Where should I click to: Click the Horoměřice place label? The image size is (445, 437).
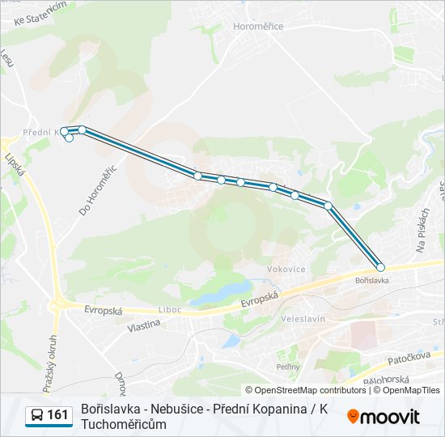pyautogui.click(x=258, y=27)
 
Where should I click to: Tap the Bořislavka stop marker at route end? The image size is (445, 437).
pyautogui.click(x=380, y=267)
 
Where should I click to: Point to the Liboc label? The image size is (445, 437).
pyautogui.click(x=170, y=310)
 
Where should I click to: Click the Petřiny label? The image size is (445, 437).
pyautogui.click(x=287, y=367)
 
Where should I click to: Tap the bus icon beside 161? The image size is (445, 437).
pyautogui.click(x=37, y=415)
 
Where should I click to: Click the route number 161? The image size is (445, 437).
pyautogui.click(x=57, y=415)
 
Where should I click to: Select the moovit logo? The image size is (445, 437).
pyautogui.click(x=384, y=417)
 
